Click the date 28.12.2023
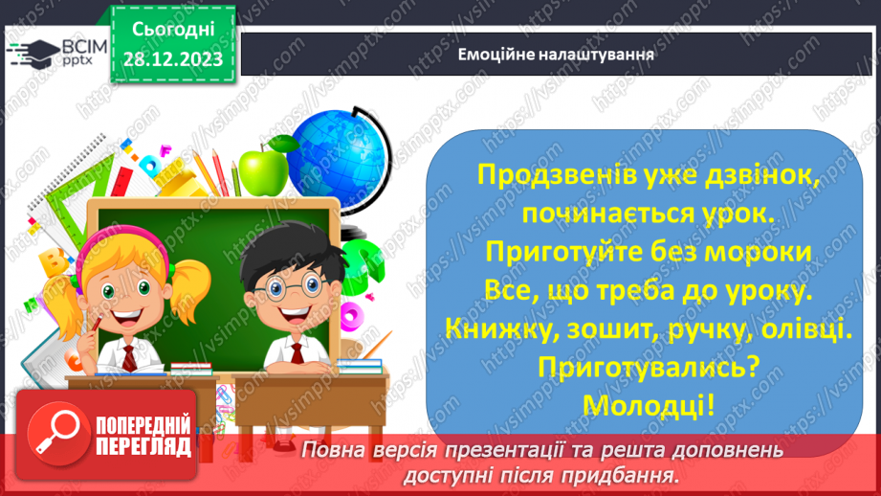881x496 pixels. [172, 58]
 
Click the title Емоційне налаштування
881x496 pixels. [556, 53]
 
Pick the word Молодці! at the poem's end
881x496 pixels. [649, 404]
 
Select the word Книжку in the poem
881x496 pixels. [496, 327]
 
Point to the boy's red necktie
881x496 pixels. [297, 354]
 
